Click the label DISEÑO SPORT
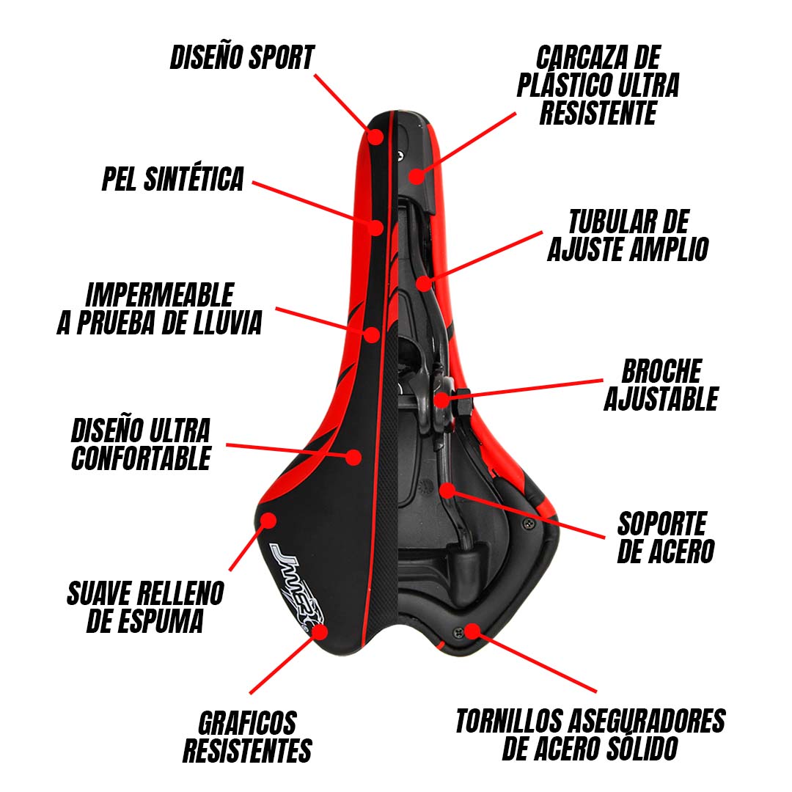[x=242, y=58]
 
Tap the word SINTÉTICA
[x=194, y=179]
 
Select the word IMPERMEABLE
[x=160, y=295]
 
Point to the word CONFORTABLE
[x=141, y=458]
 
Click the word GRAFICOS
[x=247, y=723]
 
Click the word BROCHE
[x=661, y=371]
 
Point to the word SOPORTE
[x=661, y=524]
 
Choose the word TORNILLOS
[x=509, y=721]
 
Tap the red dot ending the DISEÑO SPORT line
[x=375, y=136]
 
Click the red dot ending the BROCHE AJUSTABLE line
[x=441, y=400]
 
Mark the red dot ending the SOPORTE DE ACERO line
[x=447, y=489]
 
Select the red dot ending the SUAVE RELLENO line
[x=268, y=520]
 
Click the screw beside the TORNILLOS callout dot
[x=458, y=632]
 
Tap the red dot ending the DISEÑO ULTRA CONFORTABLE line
[x=354, y=457]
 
